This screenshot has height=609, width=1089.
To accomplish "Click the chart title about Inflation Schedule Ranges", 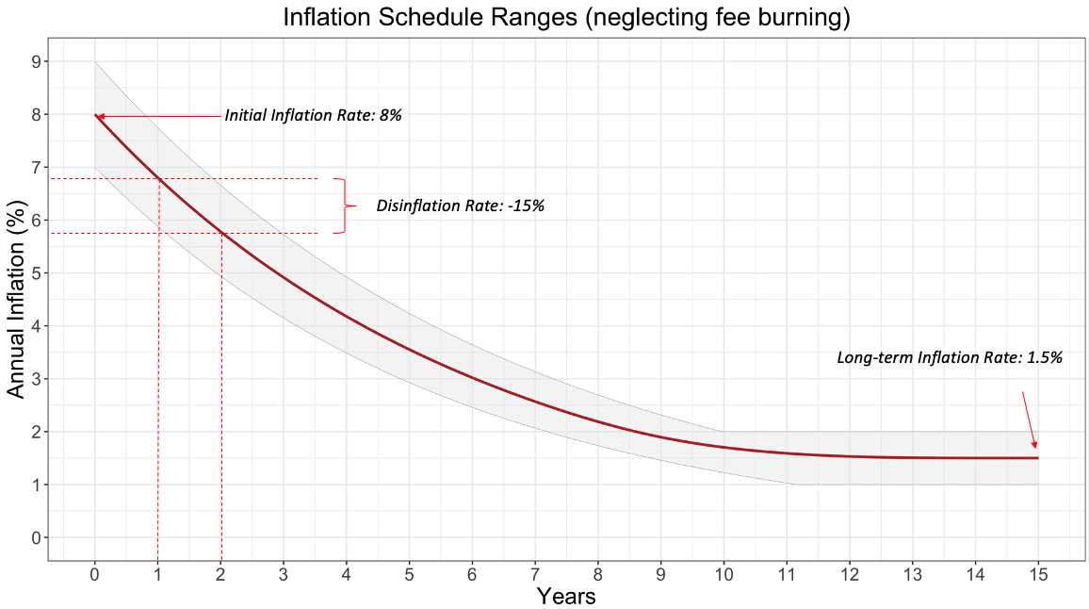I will [x=566, y=18].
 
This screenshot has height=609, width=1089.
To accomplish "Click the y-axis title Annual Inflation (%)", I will [x=16, y=299].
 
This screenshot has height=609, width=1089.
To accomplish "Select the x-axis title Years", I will [x=565, y=596].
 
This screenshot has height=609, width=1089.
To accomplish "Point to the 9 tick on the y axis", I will [x=35, y=61].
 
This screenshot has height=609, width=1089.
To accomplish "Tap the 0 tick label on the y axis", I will [x=35, y=537].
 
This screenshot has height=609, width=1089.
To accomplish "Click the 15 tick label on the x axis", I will [x=1037, y=574].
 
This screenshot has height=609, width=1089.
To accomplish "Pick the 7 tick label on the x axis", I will [x=535, y=574].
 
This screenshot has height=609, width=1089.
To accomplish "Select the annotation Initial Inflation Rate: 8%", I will [x=313, y=115].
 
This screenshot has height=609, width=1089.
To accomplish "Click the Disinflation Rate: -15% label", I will [x=461, y=206].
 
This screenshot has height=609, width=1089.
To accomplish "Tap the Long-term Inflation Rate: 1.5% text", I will [x=950, y=358].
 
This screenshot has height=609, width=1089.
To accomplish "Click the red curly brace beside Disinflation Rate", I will [x=346, y=206].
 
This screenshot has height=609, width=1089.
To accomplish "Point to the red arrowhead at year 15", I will [x=1034, y=444].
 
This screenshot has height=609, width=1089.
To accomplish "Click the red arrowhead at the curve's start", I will [x=100, y=116].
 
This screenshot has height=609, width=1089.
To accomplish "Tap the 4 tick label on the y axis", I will [x=35, y=326].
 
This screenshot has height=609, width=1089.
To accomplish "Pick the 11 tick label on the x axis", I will [x=787, y=574].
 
